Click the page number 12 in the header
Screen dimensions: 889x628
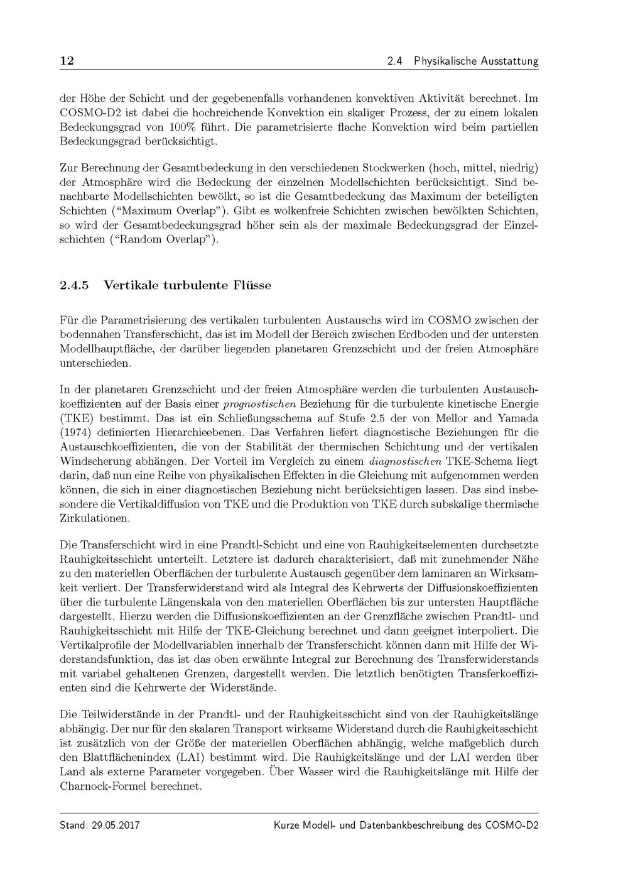click(x=67, y=61)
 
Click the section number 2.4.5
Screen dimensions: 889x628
click(x=74, y=285)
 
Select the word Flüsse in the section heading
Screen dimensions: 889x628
click(x=251, y=285)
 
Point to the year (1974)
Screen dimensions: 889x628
click(x=76, y=432)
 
